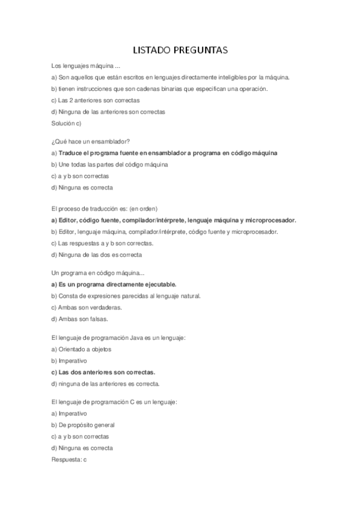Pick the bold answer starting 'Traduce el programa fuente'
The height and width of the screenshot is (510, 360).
[168, 153]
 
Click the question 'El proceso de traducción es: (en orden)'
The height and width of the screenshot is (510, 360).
[105, 209]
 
